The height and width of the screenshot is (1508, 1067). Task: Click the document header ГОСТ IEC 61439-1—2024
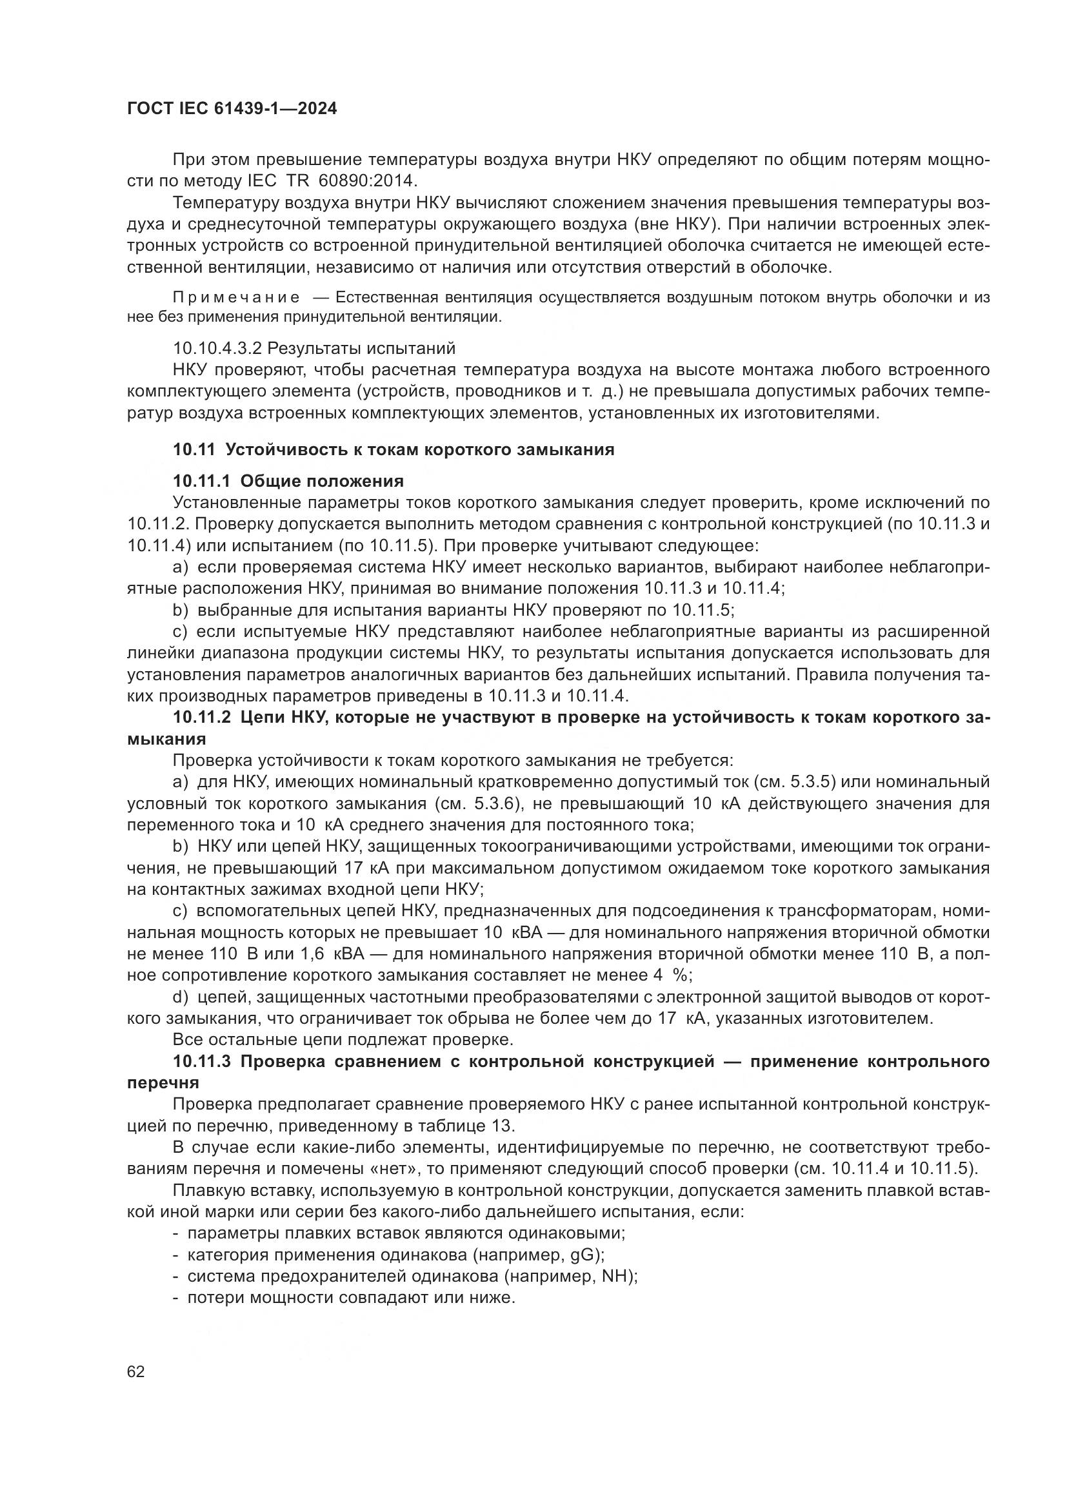click(x=232, y=109)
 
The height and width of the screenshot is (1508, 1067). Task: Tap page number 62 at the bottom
click(x=136, y=1372)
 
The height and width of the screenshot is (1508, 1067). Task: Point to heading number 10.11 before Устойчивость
click(x=194, y=450)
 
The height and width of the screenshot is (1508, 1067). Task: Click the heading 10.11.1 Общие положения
click(x=288, y=482)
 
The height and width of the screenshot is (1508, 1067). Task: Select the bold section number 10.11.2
click(x=202, y=718)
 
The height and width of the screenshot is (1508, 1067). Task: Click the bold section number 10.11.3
click(x=202, y=1062)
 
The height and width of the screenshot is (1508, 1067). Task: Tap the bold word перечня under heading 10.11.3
click(x=163, y=1083)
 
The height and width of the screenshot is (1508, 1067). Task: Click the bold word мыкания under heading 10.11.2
click(x=166, y=739)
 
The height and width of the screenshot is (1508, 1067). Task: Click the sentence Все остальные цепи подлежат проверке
click(x=343, y=1040)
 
